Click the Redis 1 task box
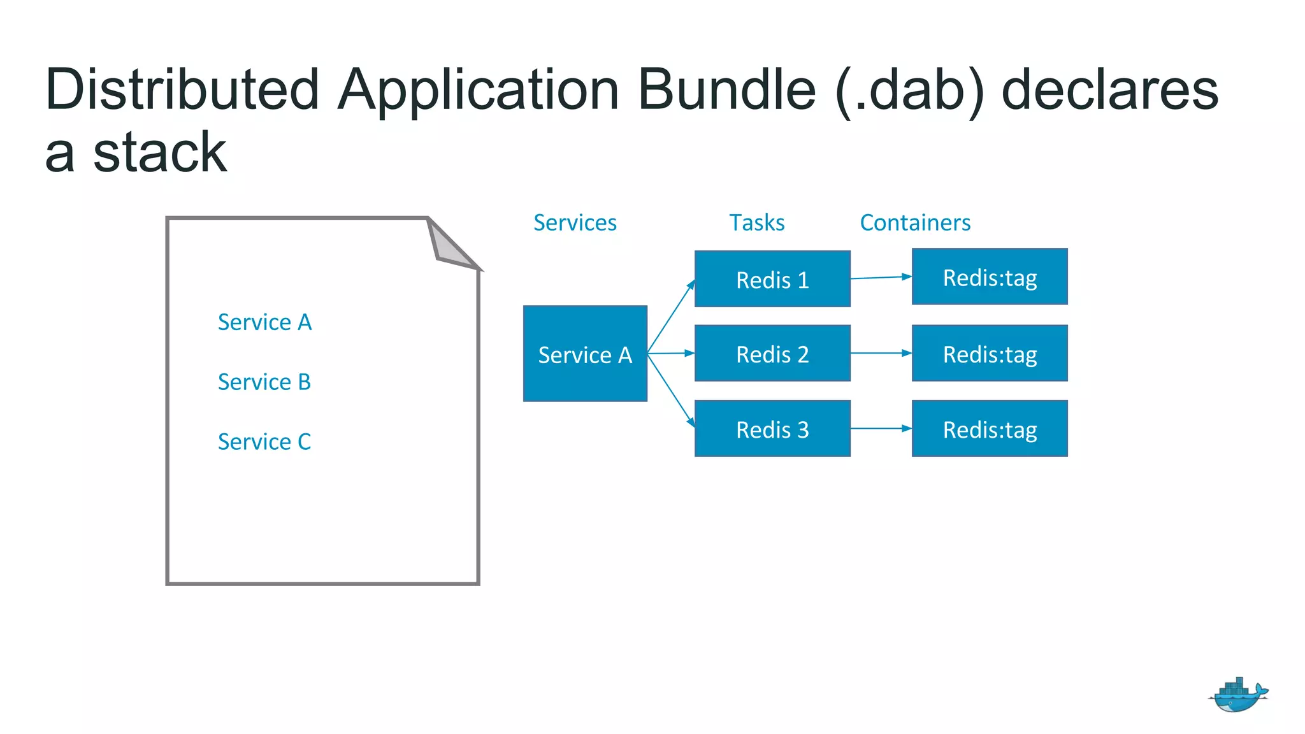tap(772, 279)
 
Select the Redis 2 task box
tap(772, 354)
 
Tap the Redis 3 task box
tap(772, 429)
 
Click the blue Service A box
tap(585, 354)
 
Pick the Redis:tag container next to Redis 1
tap(990, 277)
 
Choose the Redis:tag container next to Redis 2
tap(990, 354)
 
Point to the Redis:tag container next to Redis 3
tap(990, 429)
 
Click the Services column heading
tap(575, 222)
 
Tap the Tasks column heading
tap(756, 222)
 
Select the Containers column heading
tap(915, 222)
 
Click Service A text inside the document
tap(264, 322)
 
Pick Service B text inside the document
tap(264, 382)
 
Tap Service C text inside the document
tap(264, 442)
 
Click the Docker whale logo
tap(1237, 696)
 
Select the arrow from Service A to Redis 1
tap(670, 317)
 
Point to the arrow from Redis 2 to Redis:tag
tap(881, 353)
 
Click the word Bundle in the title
tap(726, 90)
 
